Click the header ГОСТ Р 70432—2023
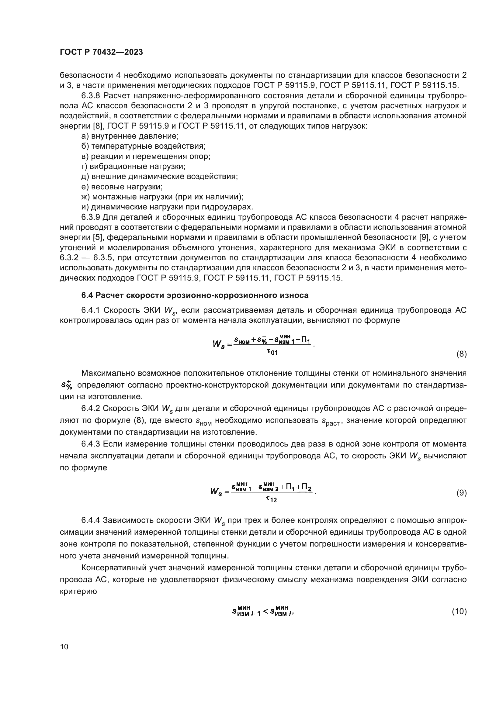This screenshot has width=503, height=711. [x=101, y=52]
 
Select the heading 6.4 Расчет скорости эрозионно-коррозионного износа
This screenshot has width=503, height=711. [x=195, y=295]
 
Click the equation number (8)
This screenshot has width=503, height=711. [x=462, y=354]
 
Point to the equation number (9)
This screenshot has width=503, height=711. [x=462, y=493]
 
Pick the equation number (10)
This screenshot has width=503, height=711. [x=459, y=611]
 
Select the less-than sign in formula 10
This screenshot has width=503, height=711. [x=265, y=612]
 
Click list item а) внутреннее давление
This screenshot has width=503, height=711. [x=130, y=136]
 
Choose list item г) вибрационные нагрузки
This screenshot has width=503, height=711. [x=133, y=166]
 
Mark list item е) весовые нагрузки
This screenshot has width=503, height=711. [x=122, y=187]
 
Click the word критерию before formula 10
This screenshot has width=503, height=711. [x=78, y=591]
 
